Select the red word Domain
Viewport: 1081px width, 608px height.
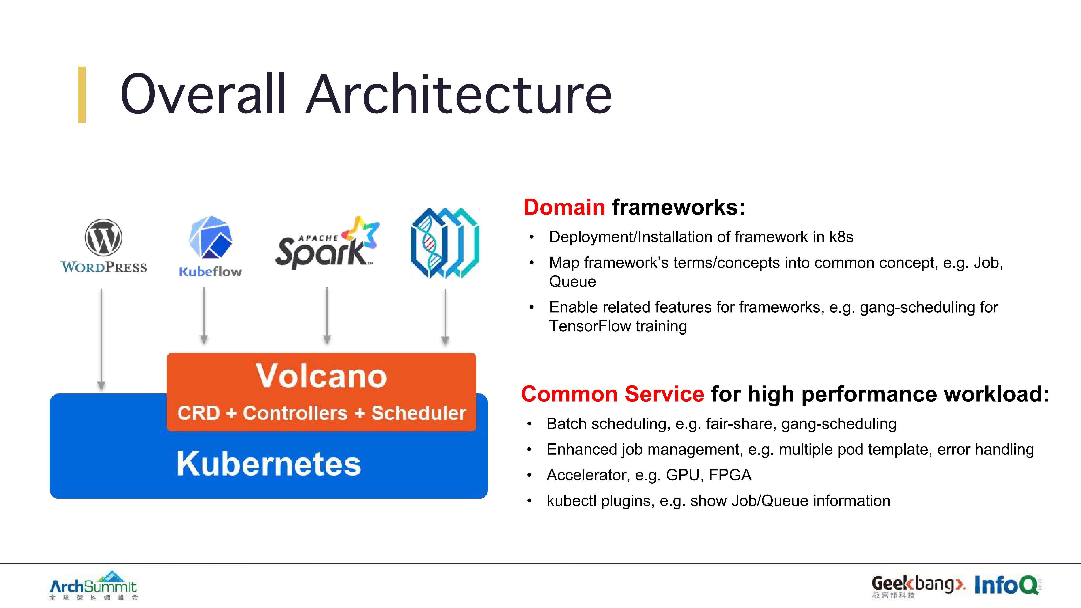tap(564, 207)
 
